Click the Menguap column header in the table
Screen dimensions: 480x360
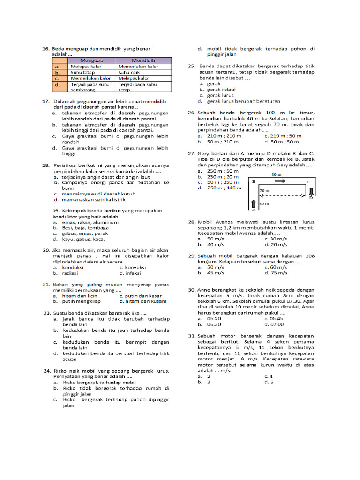[92, 60]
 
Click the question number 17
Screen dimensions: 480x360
[45, 101]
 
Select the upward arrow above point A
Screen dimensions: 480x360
[254, 203]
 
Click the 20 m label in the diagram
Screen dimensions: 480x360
[264, 191]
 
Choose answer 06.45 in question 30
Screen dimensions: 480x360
[276, 318]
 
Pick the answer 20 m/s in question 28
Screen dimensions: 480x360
[276, 244]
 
